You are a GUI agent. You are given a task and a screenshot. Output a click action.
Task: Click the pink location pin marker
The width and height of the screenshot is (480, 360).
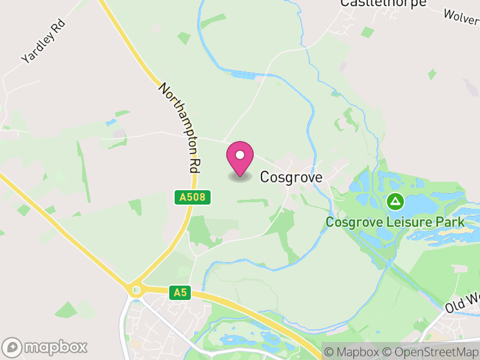[x=240, y=157]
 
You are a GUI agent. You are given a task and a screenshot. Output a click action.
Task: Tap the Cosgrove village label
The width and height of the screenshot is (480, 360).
[x=291, y=177]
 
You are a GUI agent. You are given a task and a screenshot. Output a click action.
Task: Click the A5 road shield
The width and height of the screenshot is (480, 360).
[x=179, y=292]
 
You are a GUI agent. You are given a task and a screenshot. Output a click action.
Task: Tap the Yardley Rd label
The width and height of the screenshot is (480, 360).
[x=43, y=41]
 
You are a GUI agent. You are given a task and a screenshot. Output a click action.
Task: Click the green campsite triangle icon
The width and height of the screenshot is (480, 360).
[x=395, y=201]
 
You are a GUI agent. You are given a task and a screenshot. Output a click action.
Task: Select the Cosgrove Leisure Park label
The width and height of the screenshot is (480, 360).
[x=395, y=222]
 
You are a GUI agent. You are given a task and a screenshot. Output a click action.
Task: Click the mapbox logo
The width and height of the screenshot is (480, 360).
[x=46, y=347]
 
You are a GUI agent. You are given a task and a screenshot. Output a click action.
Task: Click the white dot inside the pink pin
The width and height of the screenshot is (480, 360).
[x=240, y=155]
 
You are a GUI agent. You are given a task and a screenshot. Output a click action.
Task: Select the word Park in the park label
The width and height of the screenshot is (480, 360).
[x=451, y=222]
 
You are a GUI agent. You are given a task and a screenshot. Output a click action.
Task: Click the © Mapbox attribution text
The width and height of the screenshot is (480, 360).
[x=352, y=352]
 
